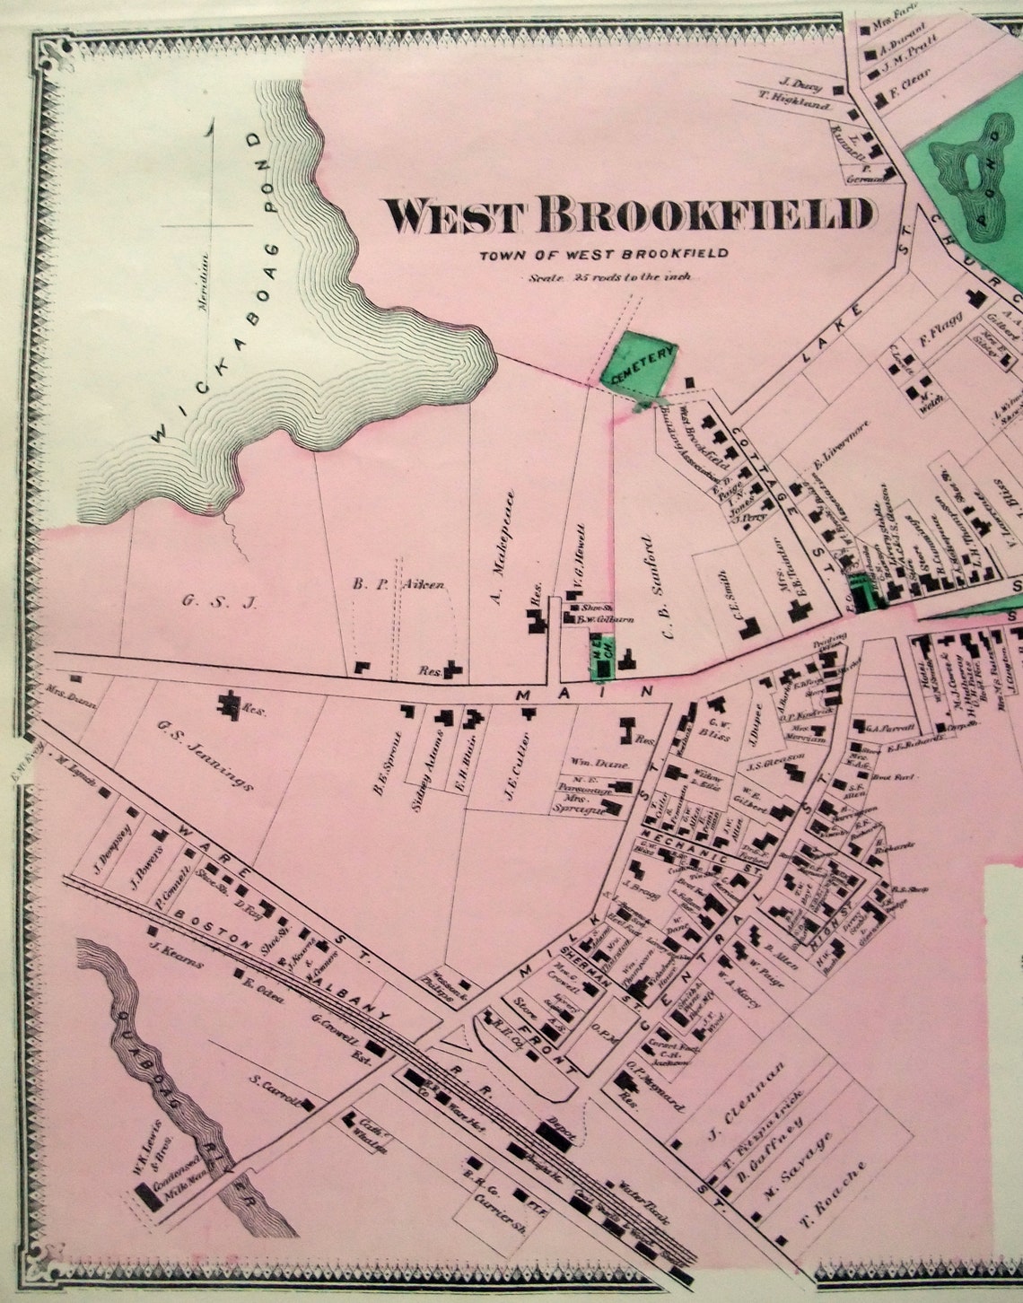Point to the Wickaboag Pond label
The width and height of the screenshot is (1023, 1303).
pos(210,287)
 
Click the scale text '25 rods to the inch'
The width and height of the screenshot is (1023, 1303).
pos(610,277)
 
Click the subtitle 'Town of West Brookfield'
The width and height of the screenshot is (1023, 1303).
pos(603,254)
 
